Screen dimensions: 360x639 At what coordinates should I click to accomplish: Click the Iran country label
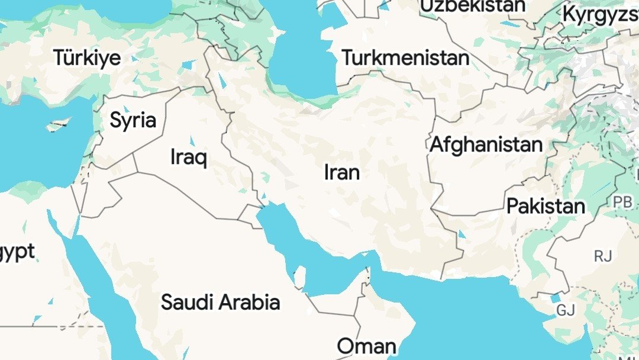click(x=342, y=172)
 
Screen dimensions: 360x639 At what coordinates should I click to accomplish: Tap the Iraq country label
click(x=188, y=157)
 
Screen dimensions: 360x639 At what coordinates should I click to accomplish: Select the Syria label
click(x=133, y=121)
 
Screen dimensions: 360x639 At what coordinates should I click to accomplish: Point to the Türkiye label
click(x=87, y=58)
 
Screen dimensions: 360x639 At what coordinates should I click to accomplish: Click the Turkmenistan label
click(x=405, y=58)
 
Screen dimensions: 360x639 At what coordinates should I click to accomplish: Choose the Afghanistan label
click(x=486, y=144)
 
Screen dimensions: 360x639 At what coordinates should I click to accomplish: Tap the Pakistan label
click(x=546, y=207)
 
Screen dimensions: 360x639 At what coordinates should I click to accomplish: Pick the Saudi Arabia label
click(x=220, y=302)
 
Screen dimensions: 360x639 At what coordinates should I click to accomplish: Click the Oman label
click(x=367, y=346)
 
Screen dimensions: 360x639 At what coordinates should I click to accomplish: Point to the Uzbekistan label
click(x=472, y=6)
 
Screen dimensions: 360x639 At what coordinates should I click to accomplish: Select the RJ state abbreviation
click(x=603, y=256)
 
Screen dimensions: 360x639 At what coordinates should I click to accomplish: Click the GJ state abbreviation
click(x=566, y=310)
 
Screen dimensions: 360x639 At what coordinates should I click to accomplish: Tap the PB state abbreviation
click(x=622, y=202)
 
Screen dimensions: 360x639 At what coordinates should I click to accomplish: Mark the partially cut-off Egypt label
click(x=17, y=252)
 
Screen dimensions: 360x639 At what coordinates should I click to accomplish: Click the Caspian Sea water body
click(x=302, y=59)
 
